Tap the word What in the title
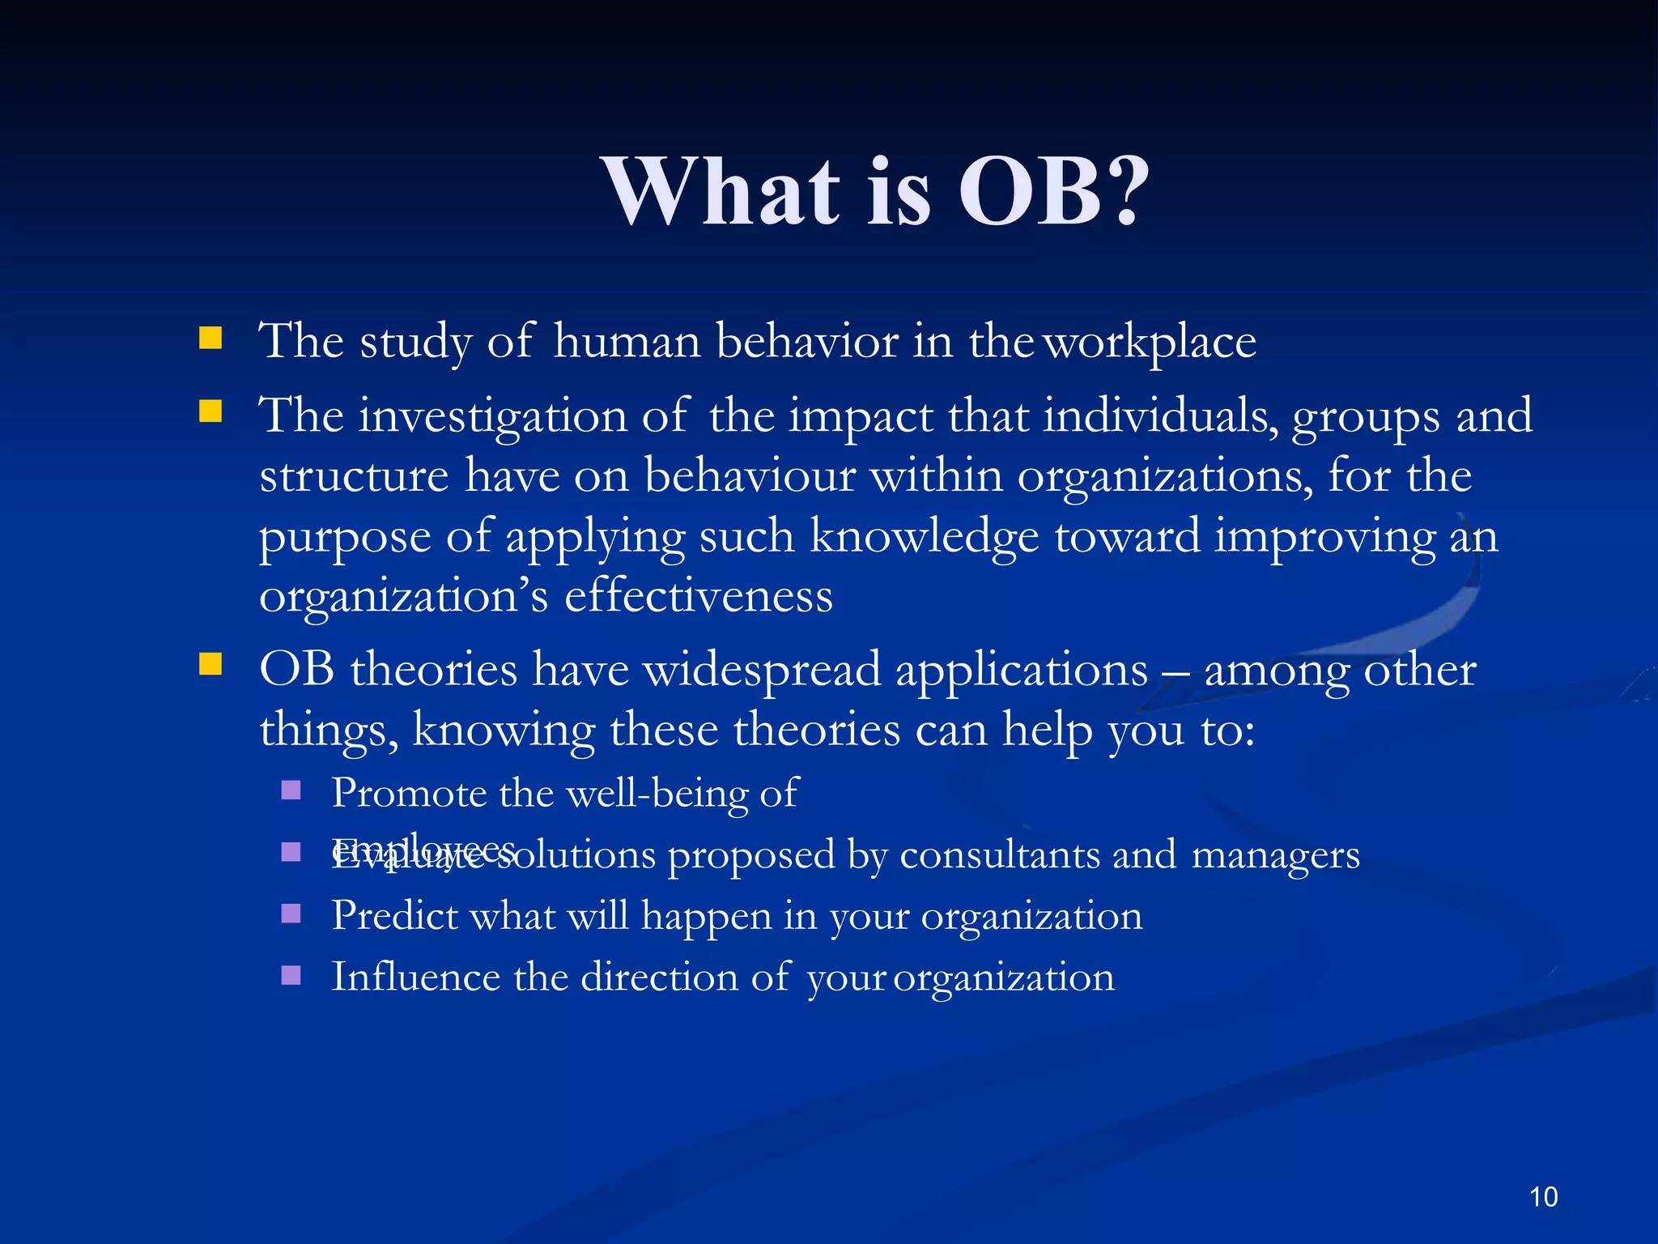tap(724, 192)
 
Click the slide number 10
tap(1543, 1196)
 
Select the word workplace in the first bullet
tap(1150, 342)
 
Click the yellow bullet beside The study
tap(210, 338)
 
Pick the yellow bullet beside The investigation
tap(210, 412)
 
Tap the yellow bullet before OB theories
tap(210, 665)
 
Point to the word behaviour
tap(750, 476)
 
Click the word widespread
tap(761, 671)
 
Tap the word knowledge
tap(924, 537)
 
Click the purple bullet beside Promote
tap(291, 790)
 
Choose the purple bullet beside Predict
tap(291, 914)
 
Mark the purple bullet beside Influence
tap(291, 974)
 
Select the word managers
tap(1276, 855)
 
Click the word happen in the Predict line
tap(706, 917)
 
